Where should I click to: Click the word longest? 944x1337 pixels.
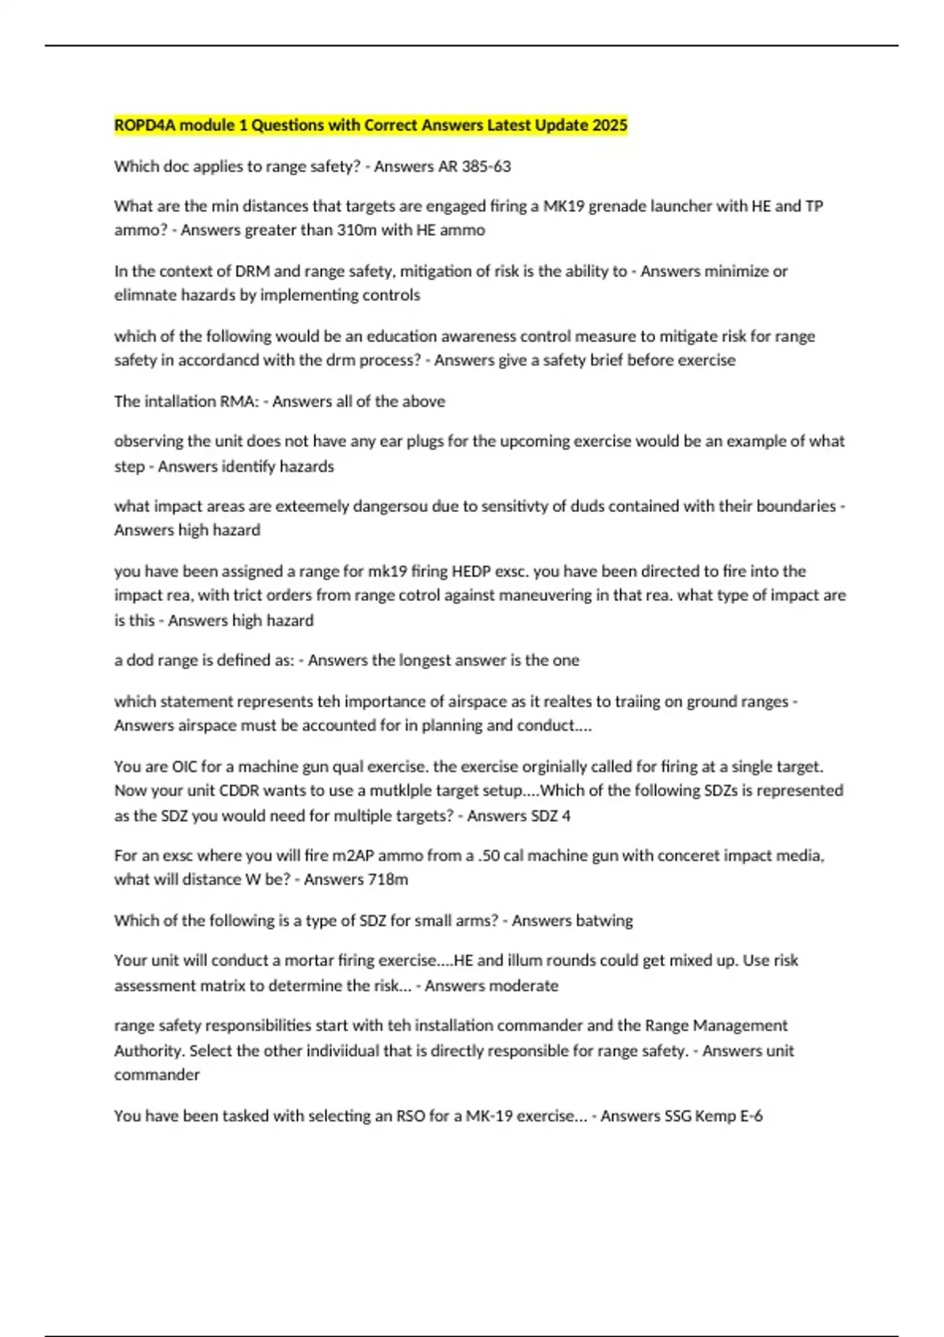coord(433,660)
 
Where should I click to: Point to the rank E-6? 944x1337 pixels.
coord(751,1116)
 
